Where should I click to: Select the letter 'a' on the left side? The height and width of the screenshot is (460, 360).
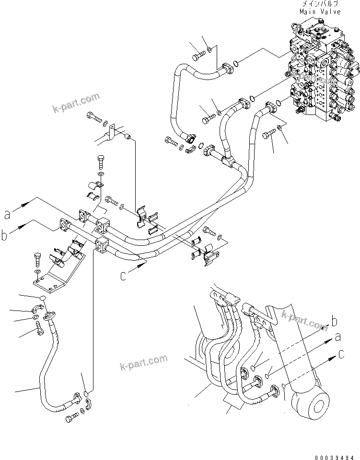pos(7,214)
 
